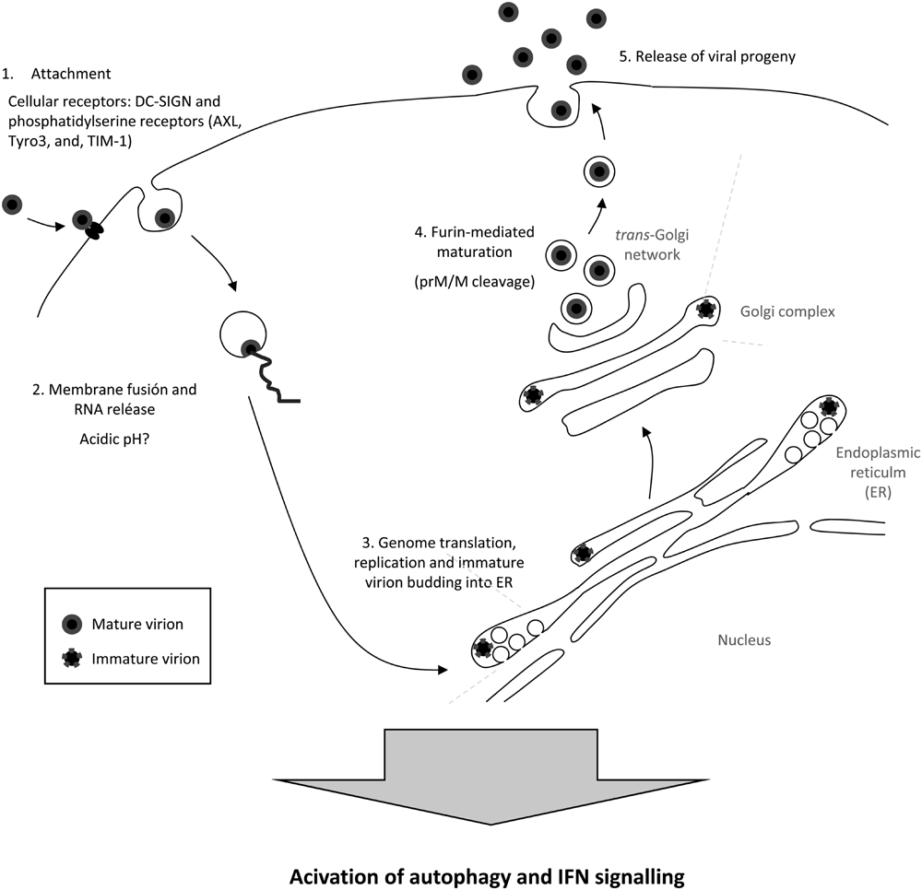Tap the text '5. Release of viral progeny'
(706, 56)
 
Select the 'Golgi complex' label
(786, 311)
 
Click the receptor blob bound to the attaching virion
(93, 232)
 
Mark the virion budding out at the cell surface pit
(560, 111)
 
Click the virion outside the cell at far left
(13, 205)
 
